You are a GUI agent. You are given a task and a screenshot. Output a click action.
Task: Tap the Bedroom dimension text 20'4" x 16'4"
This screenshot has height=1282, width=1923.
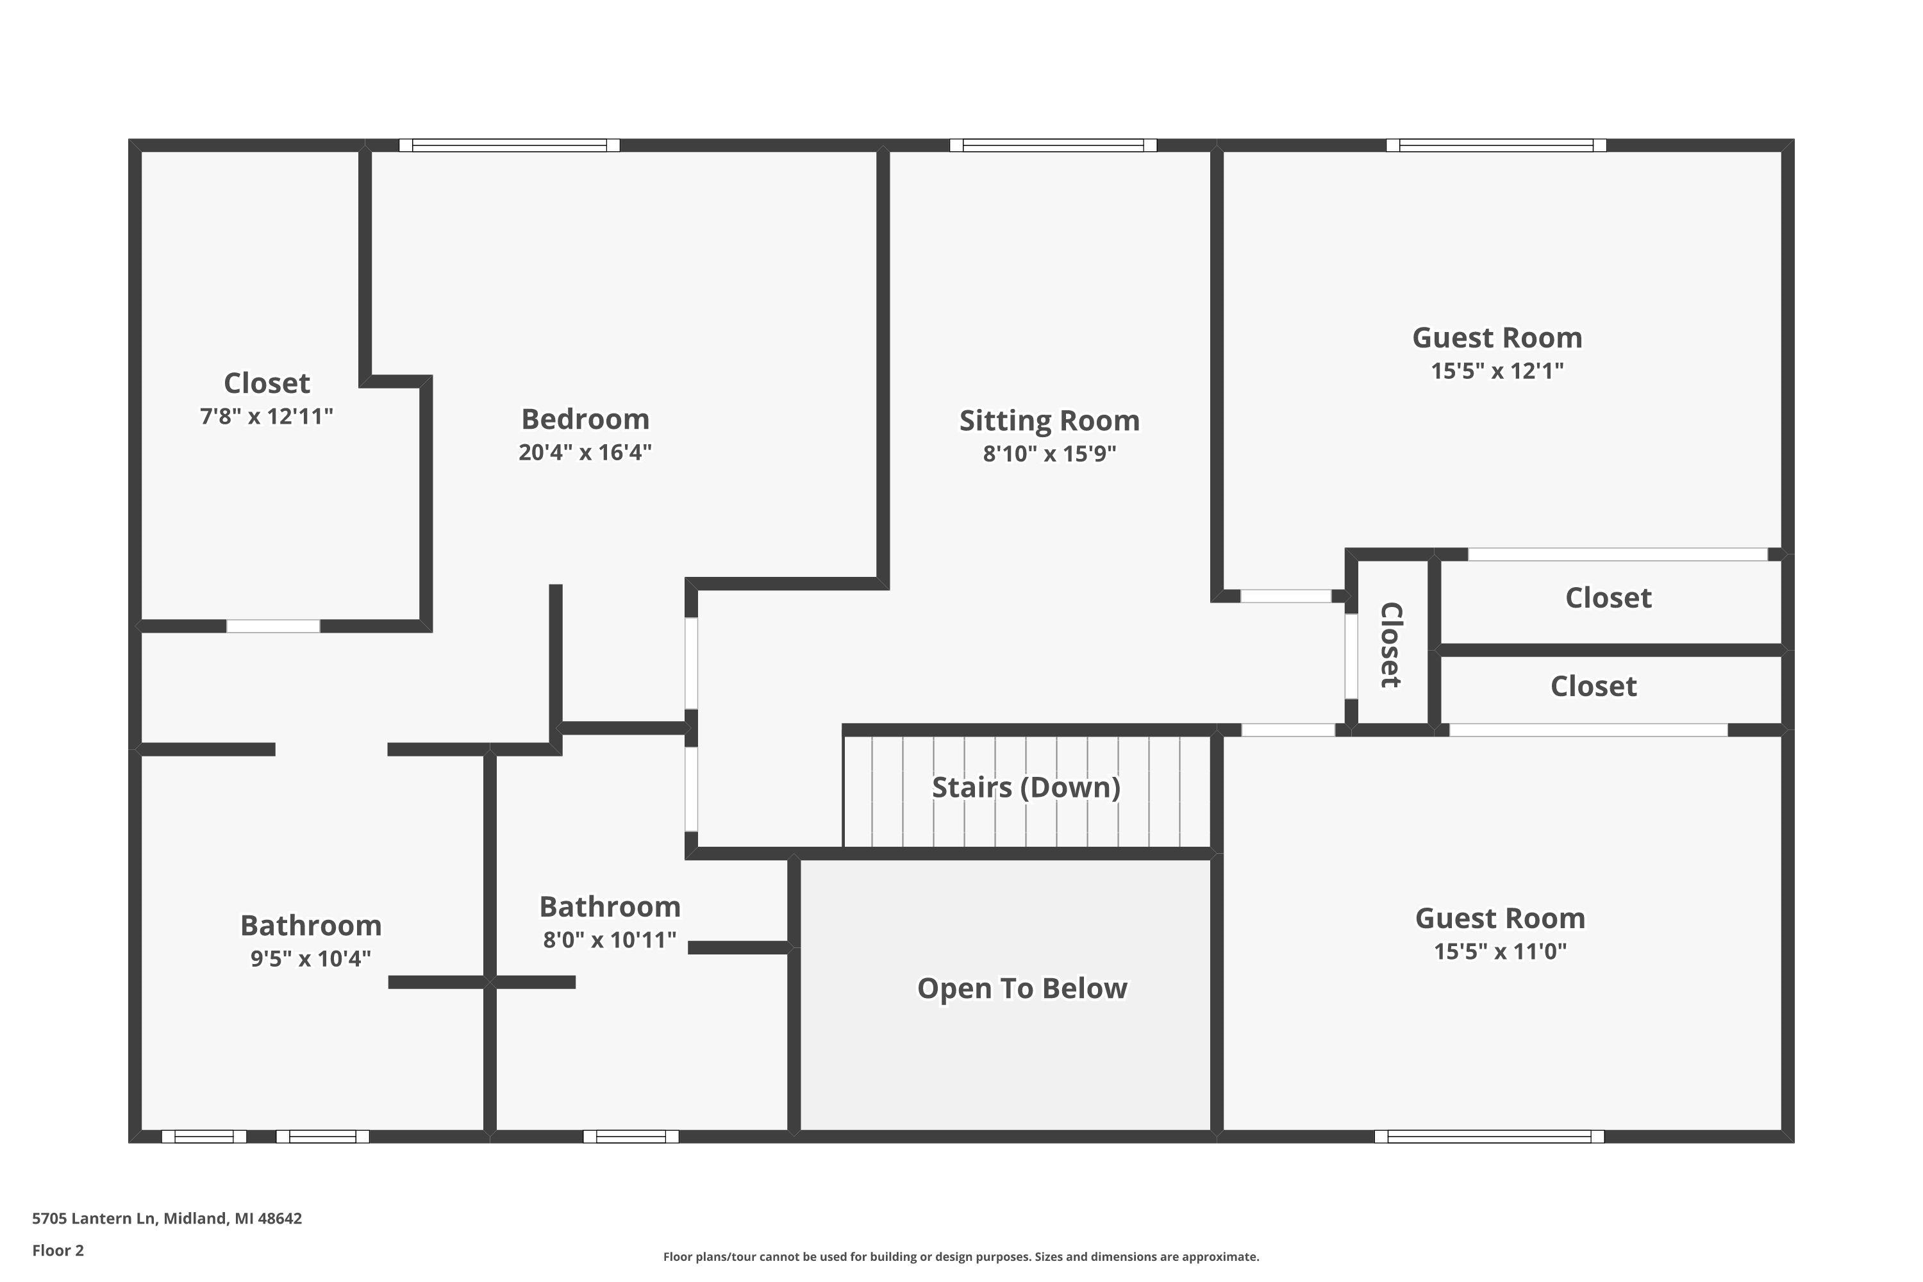[585, 452]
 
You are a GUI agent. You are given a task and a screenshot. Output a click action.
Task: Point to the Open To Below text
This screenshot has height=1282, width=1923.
[1022, 988]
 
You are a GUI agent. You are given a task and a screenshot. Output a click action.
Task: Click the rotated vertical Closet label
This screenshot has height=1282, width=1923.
[1391, 645]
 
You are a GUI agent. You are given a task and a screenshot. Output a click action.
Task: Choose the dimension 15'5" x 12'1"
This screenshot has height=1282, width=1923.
[1496, 371]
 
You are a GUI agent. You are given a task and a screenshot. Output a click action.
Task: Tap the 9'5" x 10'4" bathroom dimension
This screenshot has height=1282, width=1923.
[311, 959]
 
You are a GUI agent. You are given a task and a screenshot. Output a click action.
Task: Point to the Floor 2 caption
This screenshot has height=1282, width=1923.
[58, 1250]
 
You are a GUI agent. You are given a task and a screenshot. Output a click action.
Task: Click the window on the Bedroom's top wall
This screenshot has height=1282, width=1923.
[510, 146]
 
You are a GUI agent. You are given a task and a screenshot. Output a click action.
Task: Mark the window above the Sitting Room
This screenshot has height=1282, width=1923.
[1053, 146]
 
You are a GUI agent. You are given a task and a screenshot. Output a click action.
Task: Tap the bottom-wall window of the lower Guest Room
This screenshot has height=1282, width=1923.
[1489, 1136]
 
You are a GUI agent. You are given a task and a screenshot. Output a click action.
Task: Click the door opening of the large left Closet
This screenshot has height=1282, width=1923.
[273, 626]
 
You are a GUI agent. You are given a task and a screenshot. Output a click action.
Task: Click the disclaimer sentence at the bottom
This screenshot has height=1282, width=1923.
[961, 1256]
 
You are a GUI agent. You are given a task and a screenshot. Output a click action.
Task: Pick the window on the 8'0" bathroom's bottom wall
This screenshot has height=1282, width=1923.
[630, 1136]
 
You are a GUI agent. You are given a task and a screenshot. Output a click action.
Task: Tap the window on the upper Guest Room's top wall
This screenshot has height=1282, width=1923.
[1496, 146]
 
